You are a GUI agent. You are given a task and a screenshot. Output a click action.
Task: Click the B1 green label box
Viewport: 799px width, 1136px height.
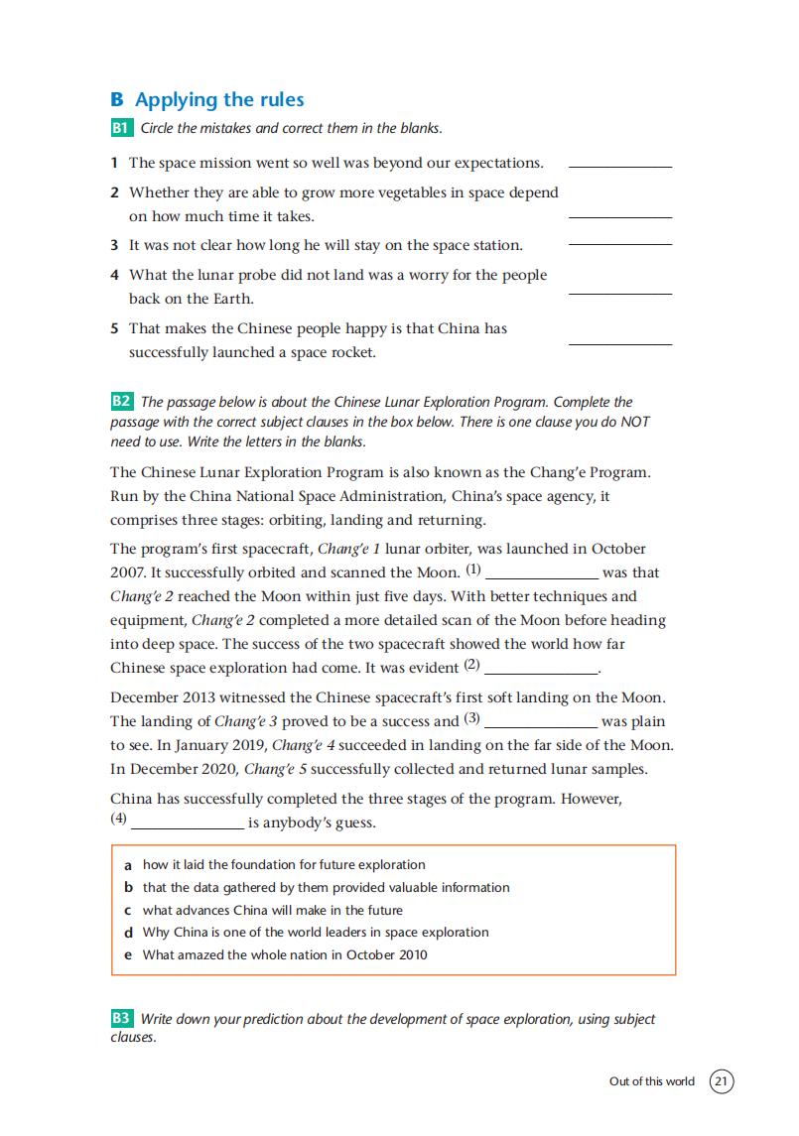121,128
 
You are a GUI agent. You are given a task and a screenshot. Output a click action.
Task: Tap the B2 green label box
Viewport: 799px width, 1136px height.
121,402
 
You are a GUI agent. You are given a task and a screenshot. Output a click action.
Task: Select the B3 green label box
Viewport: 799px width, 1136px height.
121,1019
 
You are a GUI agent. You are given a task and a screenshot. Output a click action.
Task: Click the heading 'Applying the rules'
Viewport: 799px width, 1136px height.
219,99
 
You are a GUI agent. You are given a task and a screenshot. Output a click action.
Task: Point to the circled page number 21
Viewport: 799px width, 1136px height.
722,1080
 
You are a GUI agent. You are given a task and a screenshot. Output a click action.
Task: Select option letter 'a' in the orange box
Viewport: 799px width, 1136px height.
128,865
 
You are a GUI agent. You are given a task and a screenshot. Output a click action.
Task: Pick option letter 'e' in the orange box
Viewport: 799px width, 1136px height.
128,955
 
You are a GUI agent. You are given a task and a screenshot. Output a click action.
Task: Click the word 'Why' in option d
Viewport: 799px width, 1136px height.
156,933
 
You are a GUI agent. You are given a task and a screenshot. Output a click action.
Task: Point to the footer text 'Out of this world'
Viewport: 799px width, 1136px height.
652,1081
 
